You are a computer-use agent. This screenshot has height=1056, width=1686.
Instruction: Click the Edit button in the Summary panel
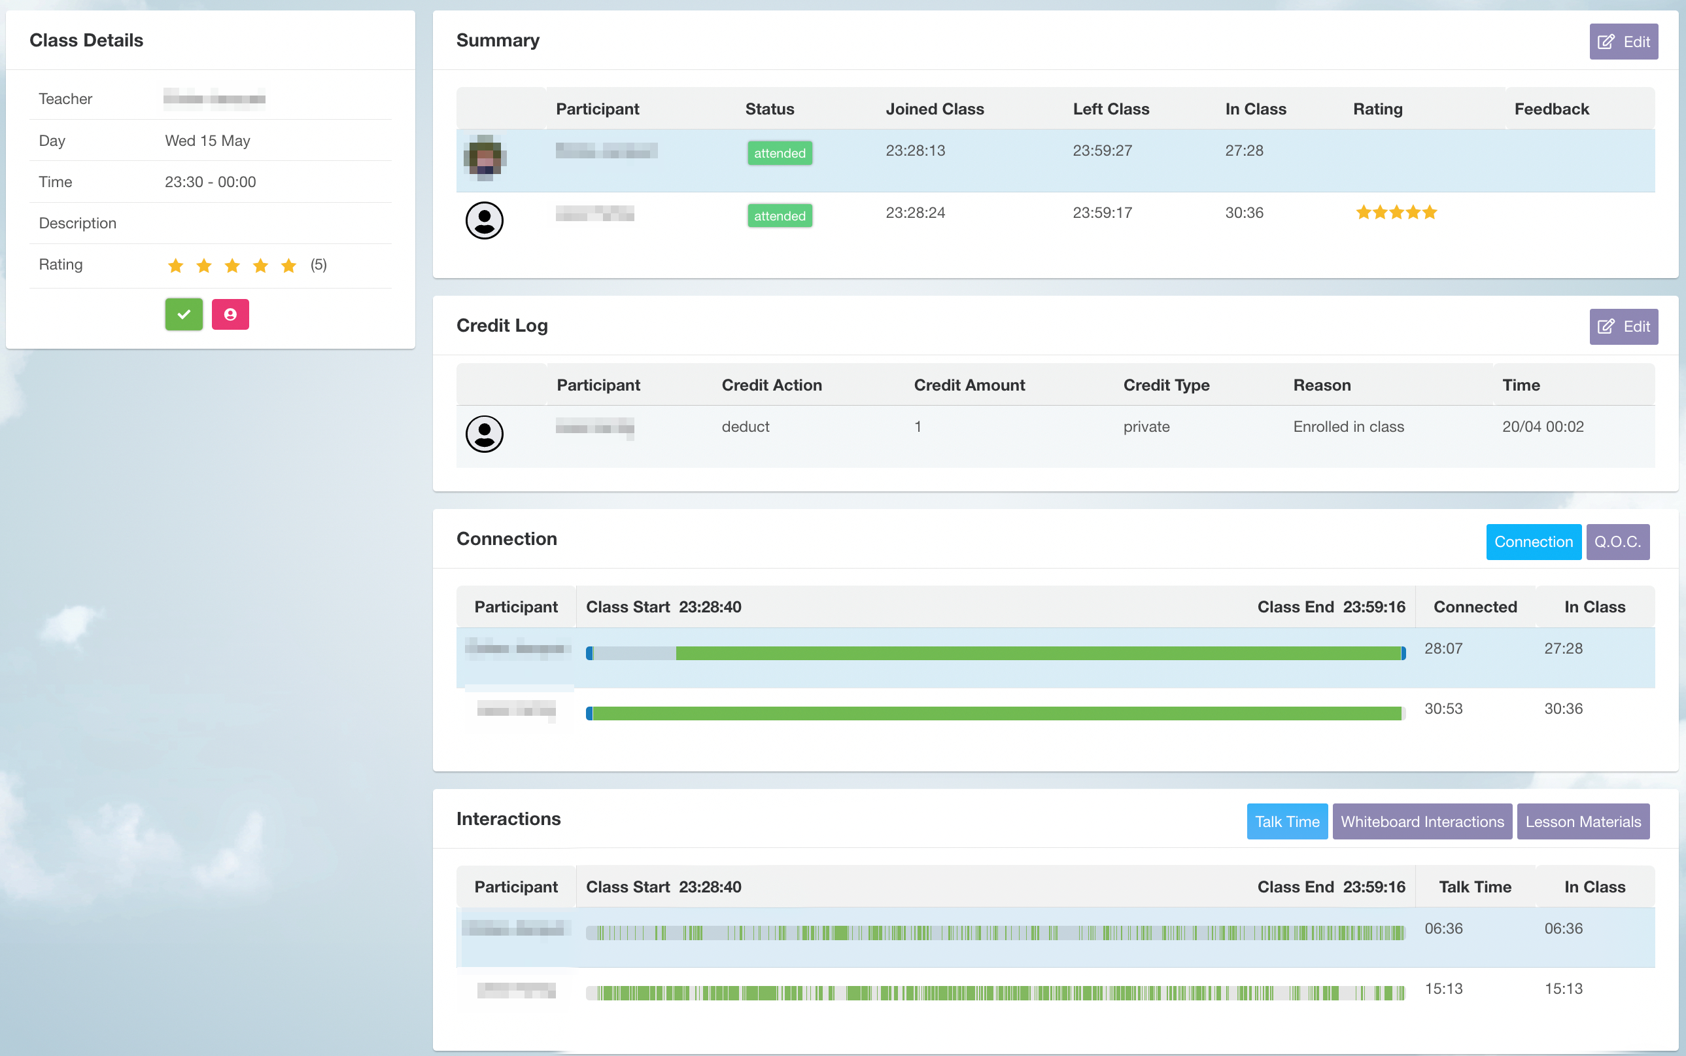pos(1623,42)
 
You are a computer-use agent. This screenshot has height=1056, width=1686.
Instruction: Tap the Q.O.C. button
pos(1617,542)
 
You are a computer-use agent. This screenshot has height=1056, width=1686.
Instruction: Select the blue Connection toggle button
pos(1533,542)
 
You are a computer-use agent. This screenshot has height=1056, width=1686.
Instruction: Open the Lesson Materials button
pos(1583,821)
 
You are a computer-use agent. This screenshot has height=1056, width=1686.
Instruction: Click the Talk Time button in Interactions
pos(1286,821)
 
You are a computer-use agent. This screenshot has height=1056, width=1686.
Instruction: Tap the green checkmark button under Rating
pos(184,314)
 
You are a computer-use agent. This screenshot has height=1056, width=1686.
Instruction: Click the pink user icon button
pos(230,314)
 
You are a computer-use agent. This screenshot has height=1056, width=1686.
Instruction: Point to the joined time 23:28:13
pos(915,151)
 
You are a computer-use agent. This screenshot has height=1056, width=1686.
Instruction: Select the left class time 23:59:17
pos(1103,213)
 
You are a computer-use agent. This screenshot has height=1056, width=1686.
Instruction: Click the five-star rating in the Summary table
pos(1396,213)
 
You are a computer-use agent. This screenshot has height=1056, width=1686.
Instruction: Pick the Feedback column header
pos(1551,109)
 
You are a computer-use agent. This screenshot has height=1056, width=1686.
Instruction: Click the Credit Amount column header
pos(969,385)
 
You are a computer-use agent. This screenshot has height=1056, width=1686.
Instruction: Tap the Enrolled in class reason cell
pos(1348,427)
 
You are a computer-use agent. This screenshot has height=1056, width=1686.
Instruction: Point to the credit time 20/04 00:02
pos(1543,427)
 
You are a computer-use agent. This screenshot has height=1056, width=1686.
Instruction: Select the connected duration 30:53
pos(1443,709)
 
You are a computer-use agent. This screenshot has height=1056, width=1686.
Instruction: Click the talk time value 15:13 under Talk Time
pos(1443,989)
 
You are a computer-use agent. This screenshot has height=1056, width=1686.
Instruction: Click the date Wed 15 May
pos(207,141)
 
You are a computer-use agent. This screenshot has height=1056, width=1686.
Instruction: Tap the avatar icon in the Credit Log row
pos(485,434)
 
